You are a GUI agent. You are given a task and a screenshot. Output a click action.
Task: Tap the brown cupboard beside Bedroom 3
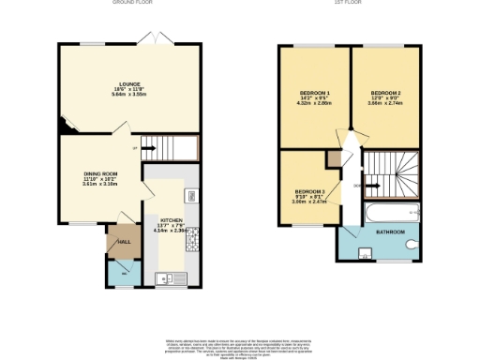click(x=333, y=160)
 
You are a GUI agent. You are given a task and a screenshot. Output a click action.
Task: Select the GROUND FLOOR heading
click(x=132, y=3)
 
